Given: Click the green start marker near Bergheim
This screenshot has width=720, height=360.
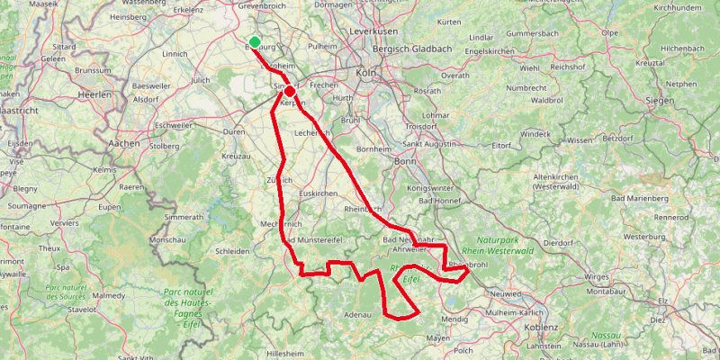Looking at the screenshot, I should (256, 41).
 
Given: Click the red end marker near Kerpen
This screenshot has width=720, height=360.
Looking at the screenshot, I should (290, 91).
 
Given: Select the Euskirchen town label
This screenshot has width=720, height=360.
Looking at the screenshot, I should (318, 193).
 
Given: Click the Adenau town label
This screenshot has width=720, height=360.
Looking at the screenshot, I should (357, 315).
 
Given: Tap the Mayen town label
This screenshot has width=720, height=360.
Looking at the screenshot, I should (437, 338).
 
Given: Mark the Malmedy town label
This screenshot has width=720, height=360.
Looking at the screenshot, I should (109, 294).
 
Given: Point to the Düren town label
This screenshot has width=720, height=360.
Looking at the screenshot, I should (234, 131).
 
